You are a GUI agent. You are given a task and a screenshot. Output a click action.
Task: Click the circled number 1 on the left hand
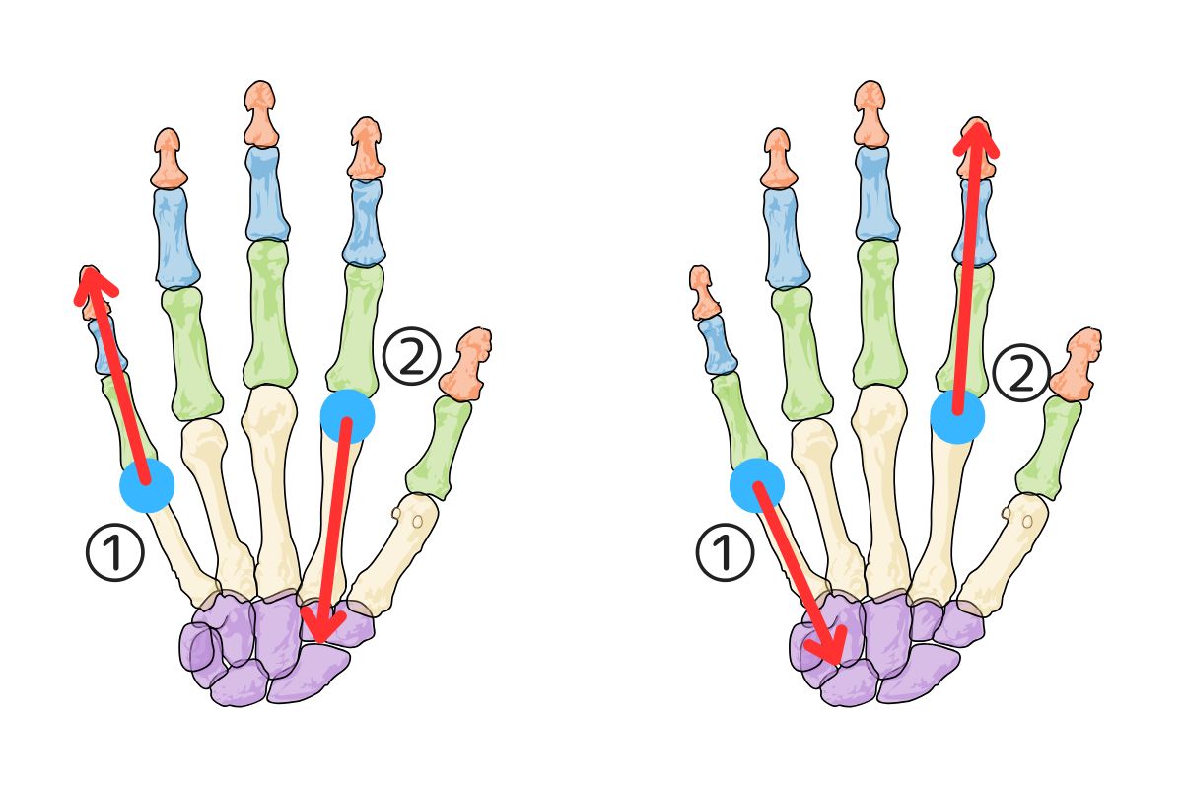[x=116, y=552]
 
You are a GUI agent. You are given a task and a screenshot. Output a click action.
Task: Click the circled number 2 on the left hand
[x=410, y=358]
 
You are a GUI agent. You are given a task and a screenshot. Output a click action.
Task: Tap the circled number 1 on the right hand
[x=726, y=552]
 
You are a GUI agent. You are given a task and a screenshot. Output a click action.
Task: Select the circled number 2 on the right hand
[x=1020, y=375]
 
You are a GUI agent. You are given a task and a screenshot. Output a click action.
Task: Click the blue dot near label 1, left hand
[x=147, y=484]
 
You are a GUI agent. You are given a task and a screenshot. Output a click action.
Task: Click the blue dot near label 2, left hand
[x=347, y=415]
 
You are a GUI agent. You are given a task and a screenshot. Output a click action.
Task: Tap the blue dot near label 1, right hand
[x=757, y=484]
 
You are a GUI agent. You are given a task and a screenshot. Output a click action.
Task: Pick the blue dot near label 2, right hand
[x=957, y=415]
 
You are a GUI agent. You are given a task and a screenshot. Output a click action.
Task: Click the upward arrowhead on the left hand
[x=93, y=280]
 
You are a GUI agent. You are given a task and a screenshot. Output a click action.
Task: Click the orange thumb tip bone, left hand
[x=467, y=363]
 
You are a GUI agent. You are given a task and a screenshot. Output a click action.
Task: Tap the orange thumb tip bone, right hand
[x=1078, y=363]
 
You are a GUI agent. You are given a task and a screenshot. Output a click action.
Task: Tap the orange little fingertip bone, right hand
[x=704, y=292]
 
